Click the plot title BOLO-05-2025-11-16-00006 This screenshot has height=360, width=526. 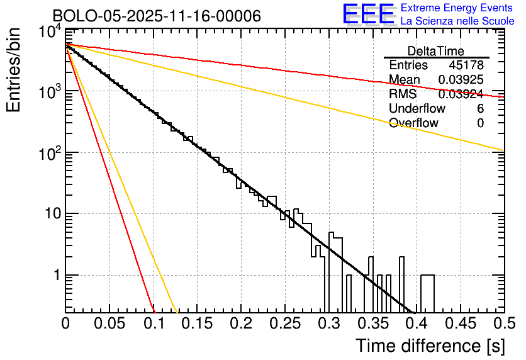point(157,16)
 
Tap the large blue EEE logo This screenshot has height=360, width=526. point(368,14)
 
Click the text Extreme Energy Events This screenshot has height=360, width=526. point(457,8)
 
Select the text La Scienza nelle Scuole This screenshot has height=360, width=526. point(457,21)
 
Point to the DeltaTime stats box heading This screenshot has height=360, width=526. point(436,51)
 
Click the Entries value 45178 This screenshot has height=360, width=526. point(466,65)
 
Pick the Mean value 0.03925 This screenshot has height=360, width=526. point(461,80)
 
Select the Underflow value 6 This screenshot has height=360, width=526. point(480,108)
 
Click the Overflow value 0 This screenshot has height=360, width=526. point(480,123)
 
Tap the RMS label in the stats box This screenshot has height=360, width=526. point(402,94)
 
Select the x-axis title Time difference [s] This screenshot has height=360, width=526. point(430,346)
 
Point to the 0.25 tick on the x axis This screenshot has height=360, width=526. point(284,323)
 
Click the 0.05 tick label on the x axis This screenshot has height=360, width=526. point(109,323)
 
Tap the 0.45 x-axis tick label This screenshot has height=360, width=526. point(460,323)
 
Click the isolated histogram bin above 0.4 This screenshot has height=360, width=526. point(427,293)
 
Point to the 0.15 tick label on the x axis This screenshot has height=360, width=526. point(197,323)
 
